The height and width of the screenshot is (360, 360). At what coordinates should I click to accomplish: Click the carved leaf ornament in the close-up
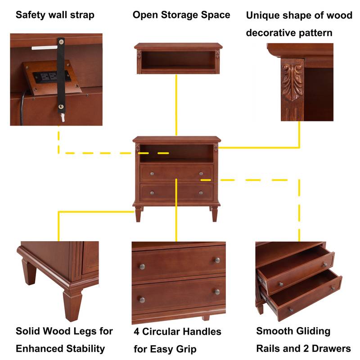293,81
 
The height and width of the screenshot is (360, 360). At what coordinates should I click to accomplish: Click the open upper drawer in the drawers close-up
297,265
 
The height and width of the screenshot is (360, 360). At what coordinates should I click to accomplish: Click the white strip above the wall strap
43,47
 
